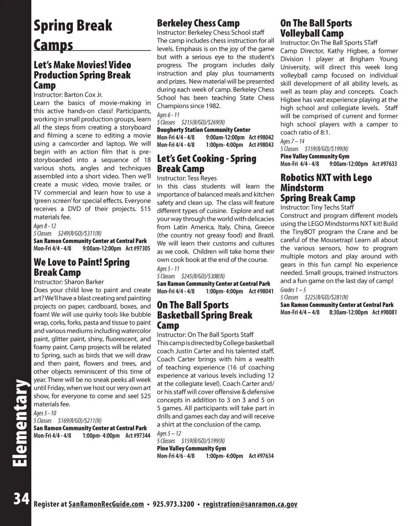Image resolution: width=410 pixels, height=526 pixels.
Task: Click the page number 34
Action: click(21, 499)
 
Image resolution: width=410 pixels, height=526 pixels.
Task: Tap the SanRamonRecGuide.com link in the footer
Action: click(106, 504)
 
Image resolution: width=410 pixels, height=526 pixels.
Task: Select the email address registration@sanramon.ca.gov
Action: click(250, 504)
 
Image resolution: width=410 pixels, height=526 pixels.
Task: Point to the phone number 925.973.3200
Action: click(173, 504)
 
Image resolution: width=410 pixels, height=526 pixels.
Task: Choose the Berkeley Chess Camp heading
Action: click(198, 23)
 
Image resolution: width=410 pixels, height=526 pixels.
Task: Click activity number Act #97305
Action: click(138, 249)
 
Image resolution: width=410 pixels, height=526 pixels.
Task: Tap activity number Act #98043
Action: click(261, 145)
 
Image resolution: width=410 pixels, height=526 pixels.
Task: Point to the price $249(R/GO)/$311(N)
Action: click(80, 233)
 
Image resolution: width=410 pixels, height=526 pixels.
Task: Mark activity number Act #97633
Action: click(384, 164)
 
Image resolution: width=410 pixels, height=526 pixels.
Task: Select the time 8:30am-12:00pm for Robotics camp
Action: click(348, 312)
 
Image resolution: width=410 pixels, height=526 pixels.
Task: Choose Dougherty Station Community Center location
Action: click(203, 130)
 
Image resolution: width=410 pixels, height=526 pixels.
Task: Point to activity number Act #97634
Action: click(261, 456)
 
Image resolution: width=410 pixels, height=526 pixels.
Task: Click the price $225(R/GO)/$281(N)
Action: click(326, 297)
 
